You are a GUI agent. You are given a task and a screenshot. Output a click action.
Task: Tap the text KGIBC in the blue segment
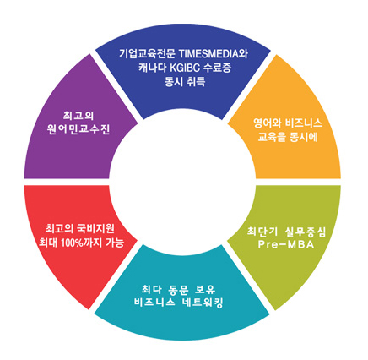click(x=183, y=68)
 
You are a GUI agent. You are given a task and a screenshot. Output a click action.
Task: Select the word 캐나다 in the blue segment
click(x=152, y=68)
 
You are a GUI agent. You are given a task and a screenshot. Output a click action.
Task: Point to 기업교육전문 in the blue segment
click(x=148, y=53)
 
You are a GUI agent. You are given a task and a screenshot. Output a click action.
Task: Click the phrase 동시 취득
click(x=185, y=82)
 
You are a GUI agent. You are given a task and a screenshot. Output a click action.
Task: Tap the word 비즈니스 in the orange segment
click(x=304, y=123)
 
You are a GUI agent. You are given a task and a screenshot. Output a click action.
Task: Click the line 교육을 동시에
click(x=288, y=137)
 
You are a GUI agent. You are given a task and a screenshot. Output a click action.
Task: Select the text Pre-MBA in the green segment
click(x=285, y=244)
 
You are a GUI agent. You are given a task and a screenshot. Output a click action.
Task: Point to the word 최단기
click(x=261, y=232)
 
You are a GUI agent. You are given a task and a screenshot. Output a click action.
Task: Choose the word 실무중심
click(x=305, y=232)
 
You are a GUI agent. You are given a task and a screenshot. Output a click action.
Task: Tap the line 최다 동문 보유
click(x=178, y=289)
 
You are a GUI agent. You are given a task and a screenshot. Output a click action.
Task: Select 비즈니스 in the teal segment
click(x=154, y=303)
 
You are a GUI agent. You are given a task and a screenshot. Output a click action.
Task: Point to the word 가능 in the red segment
click(x=115, y=242)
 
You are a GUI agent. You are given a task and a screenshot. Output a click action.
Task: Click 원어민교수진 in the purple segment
click(x=78, y=129)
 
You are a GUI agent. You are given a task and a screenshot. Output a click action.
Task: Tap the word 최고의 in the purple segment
click(x=78, y=116)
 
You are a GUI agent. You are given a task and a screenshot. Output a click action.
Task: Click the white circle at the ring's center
click(x=182, y=182)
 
